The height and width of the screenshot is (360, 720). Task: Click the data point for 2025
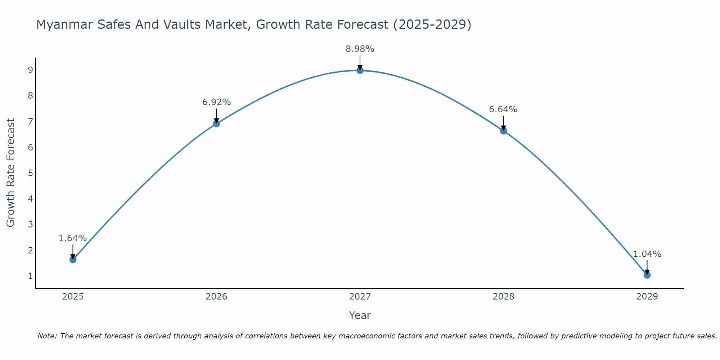click(x=73, y=260)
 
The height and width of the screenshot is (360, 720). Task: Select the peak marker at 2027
click(x=360, y=70)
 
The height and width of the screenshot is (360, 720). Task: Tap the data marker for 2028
click(x=503, y=131)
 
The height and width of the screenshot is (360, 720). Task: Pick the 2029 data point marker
click(x=647, y=275)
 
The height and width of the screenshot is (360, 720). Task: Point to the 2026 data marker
click(x=216, y=123)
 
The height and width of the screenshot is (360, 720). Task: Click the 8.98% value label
click(x=360, y=49)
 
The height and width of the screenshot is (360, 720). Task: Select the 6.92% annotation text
click(x=216, y=102)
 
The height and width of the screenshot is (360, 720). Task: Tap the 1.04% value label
click(x=647, y=254)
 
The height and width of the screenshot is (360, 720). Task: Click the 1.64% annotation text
click(x=73, y=238)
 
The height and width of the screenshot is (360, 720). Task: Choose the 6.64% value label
click(x=503, y=109)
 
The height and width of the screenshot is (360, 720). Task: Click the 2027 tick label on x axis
click(x=360, y=297)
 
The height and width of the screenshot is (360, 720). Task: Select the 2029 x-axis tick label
click(x=647, y=297)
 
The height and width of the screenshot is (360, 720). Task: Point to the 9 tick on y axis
click(x=31, y=70)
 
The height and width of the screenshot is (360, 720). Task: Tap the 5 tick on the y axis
click(x=31, y=173)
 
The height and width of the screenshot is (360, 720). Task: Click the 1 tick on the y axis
click(x=31, y=276)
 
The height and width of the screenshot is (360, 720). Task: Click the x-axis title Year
click(x=360, y=315)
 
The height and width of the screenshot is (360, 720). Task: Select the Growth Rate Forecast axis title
click(x=11, y=173)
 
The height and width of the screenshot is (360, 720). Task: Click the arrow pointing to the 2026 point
click(x=216, y=116)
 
